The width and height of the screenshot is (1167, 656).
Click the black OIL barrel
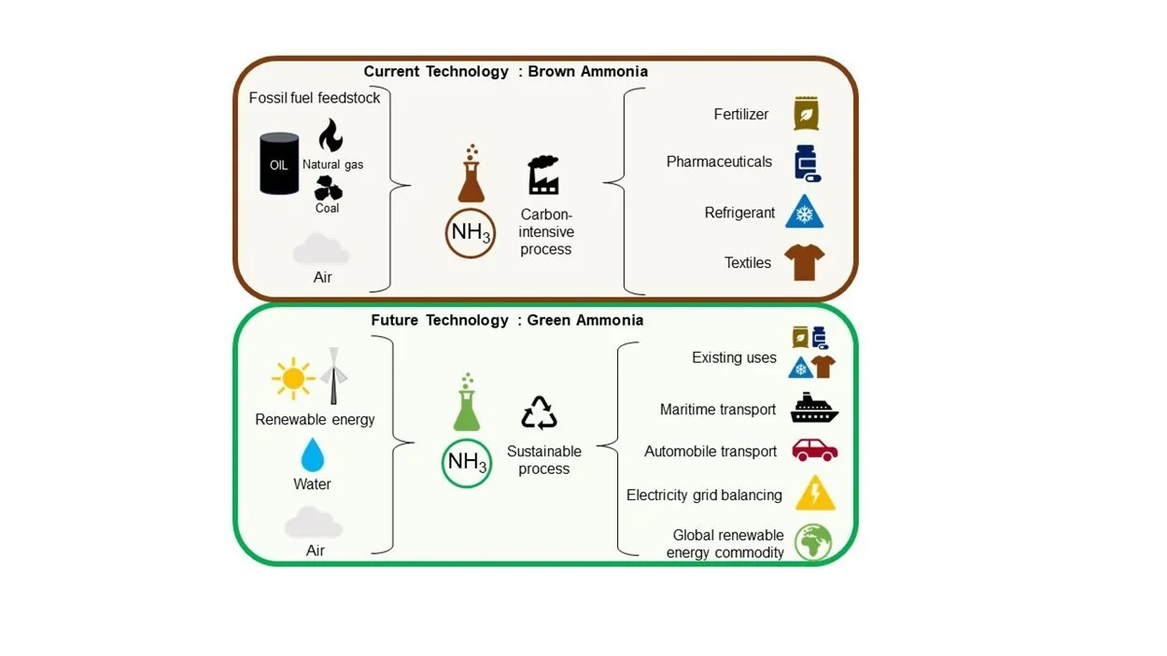279,163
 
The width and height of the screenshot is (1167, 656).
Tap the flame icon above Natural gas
330,136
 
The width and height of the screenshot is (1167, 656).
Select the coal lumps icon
328,189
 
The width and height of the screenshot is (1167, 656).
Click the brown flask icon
471,176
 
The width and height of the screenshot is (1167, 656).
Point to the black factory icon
543,174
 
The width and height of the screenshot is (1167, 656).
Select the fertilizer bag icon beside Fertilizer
806,114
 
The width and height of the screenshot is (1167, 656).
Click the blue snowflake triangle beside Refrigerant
804,213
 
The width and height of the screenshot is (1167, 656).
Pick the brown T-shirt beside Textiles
804,262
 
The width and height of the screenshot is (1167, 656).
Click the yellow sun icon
292,379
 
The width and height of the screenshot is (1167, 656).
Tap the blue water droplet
312,455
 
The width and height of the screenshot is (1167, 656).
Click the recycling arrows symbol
539,412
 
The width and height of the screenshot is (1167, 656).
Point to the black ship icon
814,409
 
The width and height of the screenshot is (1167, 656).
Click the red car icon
814,451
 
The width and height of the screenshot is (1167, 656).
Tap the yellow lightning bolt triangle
814,495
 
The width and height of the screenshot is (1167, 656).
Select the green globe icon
812,542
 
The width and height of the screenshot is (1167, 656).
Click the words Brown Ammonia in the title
587,71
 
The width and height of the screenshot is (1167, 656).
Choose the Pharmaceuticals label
719,161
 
